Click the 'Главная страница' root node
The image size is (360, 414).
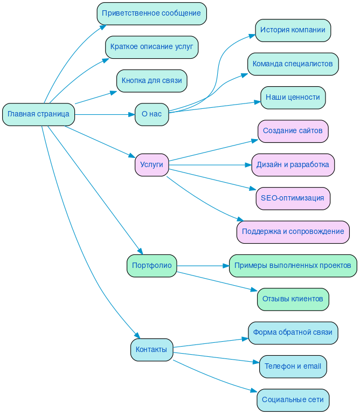(x=38, y=114)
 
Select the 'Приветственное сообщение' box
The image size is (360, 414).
(x=151, y=13)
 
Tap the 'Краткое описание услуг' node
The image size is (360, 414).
(x=151, y=47)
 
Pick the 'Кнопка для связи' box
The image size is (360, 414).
(x=151, y=81)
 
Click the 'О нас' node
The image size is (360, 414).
(x=151, y=114)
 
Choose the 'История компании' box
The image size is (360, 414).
(x=293, y=30)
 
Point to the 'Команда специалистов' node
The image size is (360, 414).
(x=293, y=64)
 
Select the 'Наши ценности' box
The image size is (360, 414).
(x=293, y=98)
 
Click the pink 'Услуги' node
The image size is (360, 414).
(x=151, y=164)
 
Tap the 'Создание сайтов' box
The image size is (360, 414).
(x=293, y=131)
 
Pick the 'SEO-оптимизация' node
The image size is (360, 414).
(x=293, y=198)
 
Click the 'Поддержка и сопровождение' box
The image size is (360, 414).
(x=293, y=232)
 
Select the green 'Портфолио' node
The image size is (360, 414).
(x=151, y=265)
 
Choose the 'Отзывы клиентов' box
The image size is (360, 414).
(x=293, y=299)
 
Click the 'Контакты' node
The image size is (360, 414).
(x=151, y=349)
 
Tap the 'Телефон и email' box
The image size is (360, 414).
(x=293, y=366)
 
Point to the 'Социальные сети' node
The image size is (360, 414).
(x=293, y=400)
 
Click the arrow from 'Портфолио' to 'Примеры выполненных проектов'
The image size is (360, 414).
(x=202, y=265)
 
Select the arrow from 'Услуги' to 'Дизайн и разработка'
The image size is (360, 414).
(x=210, y=164)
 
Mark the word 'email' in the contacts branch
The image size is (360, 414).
(x=312, y=366)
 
